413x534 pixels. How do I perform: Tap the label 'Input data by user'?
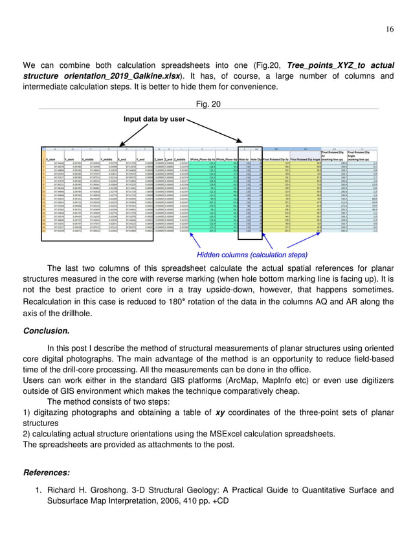(152, 120)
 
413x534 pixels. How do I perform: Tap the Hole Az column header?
(243, 158)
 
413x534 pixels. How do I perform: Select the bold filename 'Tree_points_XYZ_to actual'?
(332, 65)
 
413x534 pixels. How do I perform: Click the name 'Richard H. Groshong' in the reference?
(91, 489)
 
